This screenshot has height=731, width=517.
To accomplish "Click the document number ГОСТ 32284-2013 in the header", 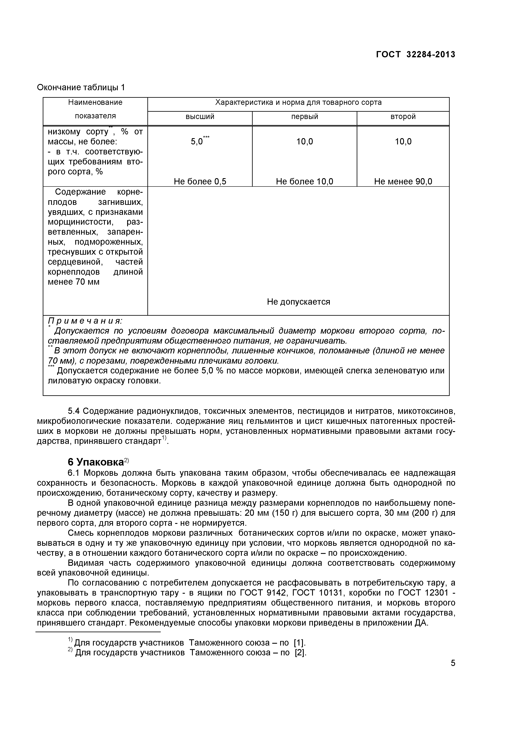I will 415,55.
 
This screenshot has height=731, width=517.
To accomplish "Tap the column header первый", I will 305,116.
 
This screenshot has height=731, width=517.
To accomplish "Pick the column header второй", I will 403,116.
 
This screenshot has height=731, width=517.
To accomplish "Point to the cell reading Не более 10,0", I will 305,181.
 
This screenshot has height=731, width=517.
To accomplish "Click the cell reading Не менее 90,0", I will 403,181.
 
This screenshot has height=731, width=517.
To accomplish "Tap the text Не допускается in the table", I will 299,302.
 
